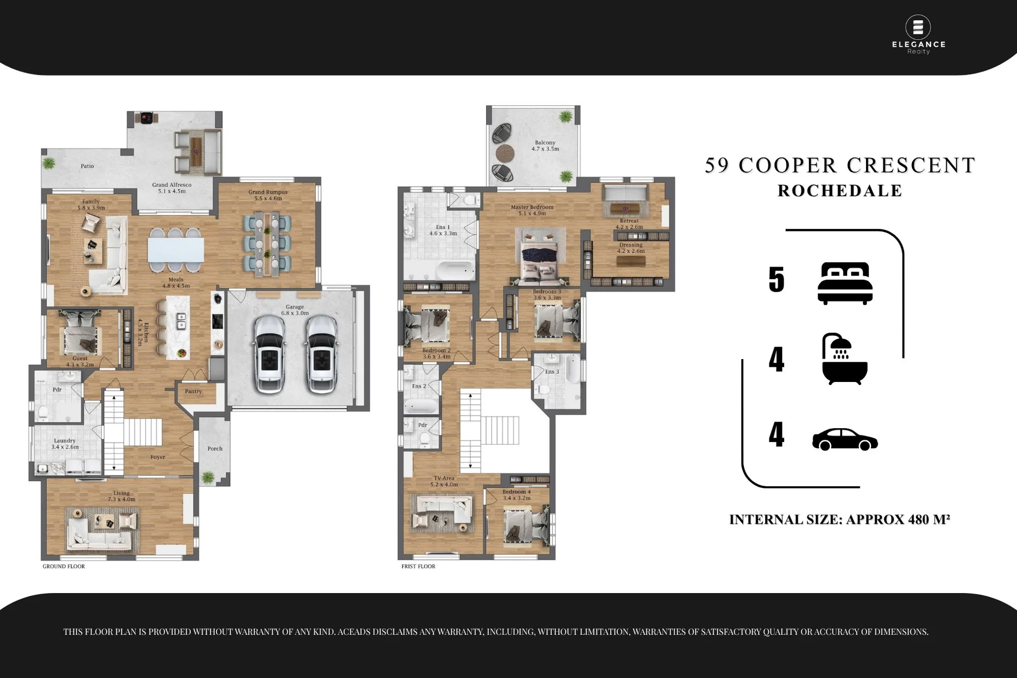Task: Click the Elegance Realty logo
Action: coord(918,35)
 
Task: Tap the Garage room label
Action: coord(295,310)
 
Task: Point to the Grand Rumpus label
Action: coord(268,195)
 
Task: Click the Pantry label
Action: coord(193,391)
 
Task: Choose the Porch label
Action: coord(215,449)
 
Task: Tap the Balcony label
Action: coord(545,145)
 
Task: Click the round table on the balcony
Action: coord(505,152)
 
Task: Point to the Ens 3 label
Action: coord(552,372)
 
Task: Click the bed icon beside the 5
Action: coord(845,283)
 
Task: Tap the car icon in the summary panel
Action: coord(845,439)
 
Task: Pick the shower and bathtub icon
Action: coord(845,359)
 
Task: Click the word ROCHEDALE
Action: coord(840,191)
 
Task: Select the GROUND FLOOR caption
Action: coord(64,566)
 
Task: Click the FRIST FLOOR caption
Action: coord(418,566)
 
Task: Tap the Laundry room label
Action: coord(65,444)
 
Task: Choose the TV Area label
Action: coord(444,481)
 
